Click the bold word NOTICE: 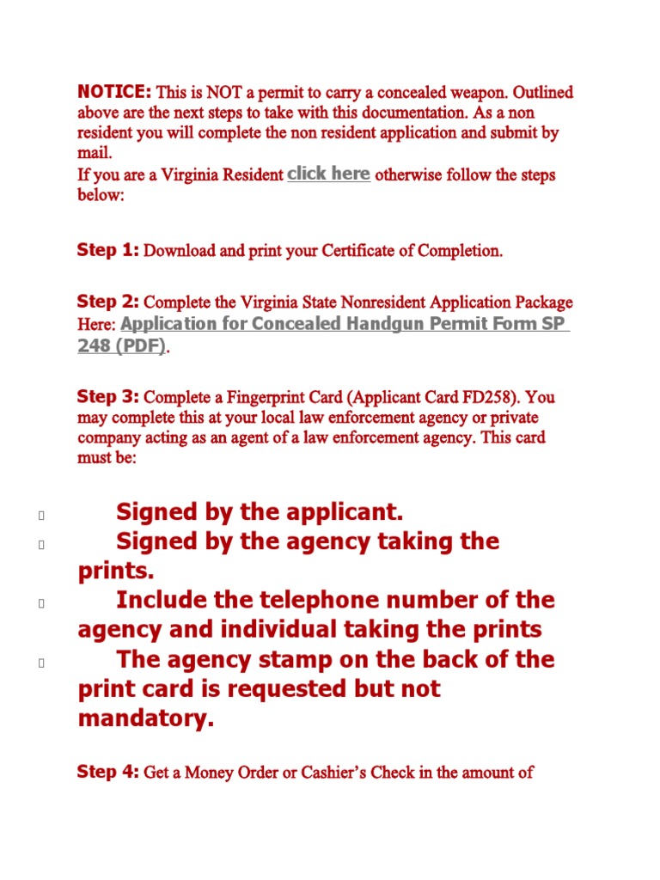click(114, 92)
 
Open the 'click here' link click(328, 174)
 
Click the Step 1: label click(108, 250)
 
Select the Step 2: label click(108, 302)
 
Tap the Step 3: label click(108, 396)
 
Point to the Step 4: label click(108, 772)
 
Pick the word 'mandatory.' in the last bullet click(145, 718)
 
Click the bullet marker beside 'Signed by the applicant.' click(40, 516)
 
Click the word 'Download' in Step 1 click(179, 251)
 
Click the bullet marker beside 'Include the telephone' click(40, 603)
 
